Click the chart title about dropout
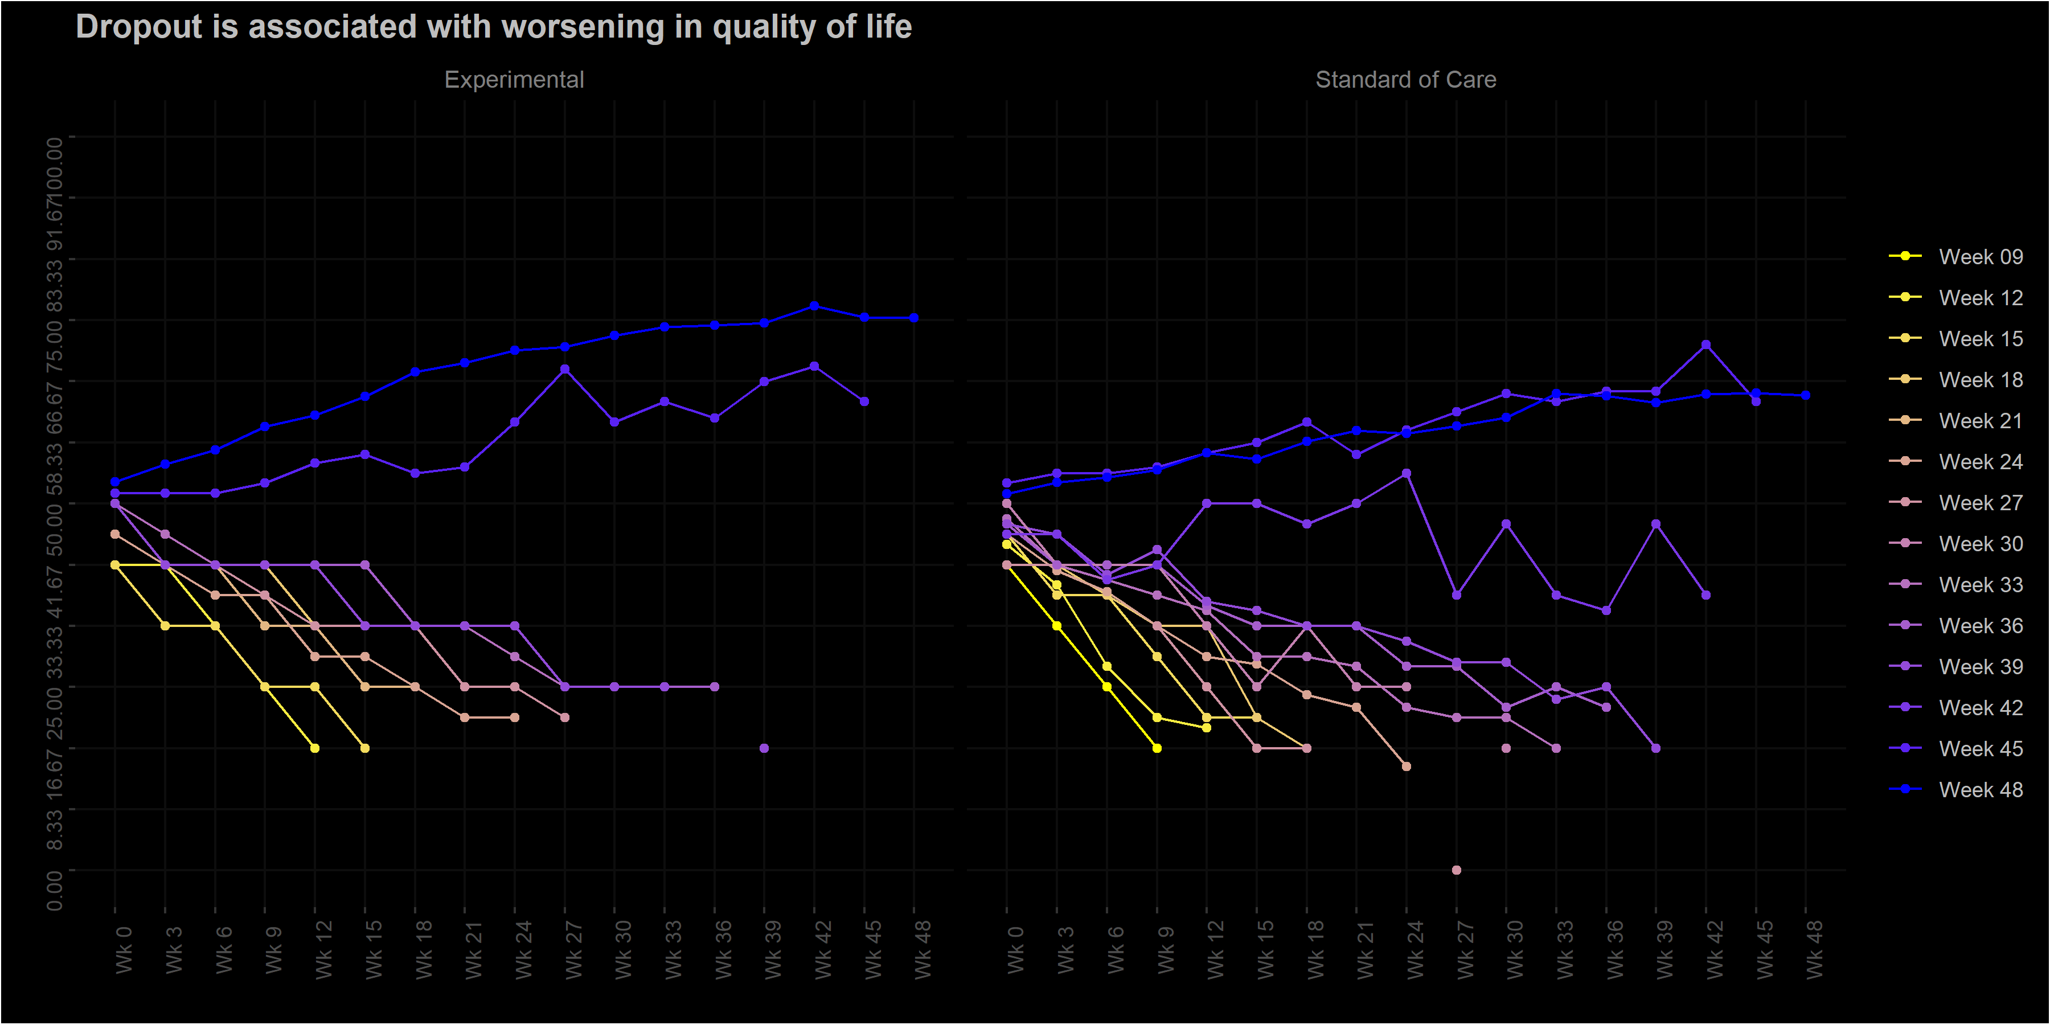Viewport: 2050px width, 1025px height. pos(493,27)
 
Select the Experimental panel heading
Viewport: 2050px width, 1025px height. pos(514,80)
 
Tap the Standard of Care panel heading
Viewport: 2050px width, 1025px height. pos(1405,80)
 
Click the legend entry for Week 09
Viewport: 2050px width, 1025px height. pos(1980,256)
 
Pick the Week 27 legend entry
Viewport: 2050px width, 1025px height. pos(1980,503)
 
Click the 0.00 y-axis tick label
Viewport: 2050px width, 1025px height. pos(54,889)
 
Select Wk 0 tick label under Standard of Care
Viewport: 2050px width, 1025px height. pos(1015,949)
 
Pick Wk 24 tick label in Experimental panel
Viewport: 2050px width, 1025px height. pos(523,949)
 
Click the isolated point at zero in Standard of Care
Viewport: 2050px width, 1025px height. pos(1456,870)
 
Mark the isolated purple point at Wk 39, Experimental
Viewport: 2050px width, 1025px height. pos(764,748)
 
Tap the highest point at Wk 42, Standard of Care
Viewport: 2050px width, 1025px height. pos(1705,345)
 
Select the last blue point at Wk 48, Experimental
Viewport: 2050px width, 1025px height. pos(913,318)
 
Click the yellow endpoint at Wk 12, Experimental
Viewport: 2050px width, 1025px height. pos(315,748)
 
